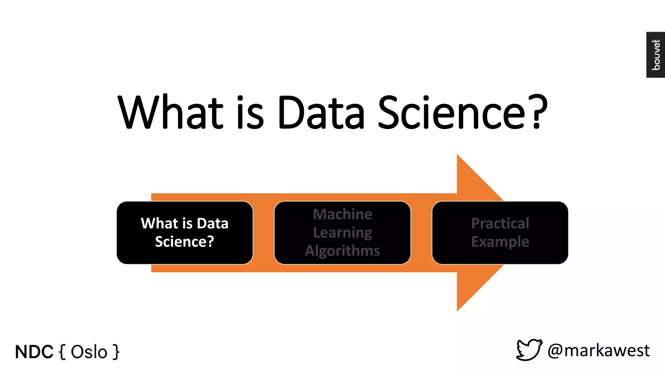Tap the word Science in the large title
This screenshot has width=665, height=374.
[x=451, y=112]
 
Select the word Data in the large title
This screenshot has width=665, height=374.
[x=321, y=112]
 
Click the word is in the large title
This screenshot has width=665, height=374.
[x=250, y=112]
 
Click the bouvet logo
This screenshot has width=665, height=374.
[x=656, y=55]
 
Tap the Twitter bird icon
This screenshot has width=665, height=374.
[x=529, y=350]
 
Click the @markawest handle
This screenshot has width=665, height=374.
[x=599, y=351]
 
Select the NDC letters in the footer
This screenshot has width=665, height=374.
[x=34, y=352]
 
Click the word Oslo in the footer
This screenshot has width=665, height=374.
[x=89, y=352]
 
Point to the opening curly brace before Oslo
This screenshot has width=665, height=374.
[x=63, y=352]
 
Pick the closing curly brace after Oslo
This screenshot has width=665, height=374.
[x=116, y=352]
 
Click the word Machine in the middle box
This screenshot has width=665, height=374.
[x=343, y=214]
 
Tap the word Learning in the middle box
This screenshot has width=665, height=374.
[x=343, y=233]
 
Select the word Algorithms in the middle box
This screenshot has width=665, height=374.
[x=343, y=251]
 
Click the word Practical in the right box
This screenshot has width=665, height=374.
[x=500, y=223]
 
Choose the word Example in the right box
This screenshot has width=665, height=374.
[x=500, y=242]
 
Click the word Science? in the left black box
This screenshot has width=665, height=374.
[x=184, y=242]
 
